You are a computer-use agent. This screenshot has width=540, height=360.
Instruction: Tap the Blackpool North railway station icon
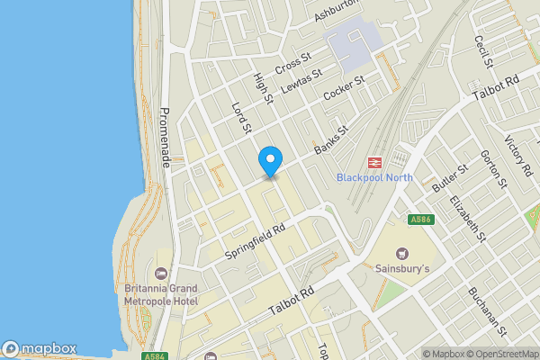[x=374, y=162]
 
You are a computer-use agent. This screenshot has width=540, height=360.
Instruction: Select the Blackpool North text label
[x=374, y=177]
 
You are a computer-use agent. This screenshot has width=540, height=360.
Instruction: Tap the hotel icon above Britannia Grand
[x=162, y=273]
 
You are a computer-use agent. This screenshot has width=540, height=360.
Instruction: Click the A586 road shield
[x=419, y=220]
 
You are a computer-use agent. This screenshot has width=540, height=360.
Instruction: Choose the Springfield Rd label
[x=255, y=241]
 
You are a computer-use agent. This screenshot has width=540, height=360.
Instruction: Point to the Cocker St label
[x=343, y=87]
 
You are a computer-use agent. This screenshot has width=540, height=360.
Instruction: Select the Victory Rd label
[x=518, y=157]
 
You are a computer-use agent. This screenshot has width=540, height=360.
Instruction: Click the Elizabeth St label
[x=468, y=220]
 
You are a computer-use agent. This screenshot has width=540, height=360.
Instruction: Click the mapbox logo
[x=39, y=348]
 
